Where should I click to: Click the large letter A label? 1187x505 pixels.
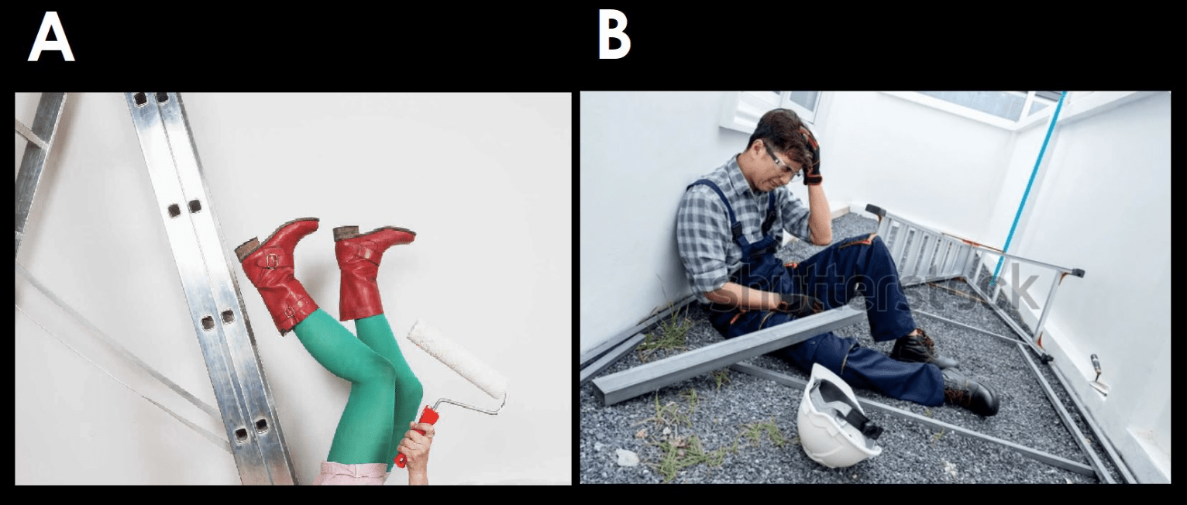pos(51,36)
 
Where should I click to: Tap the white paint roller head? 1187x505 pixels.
pos(456,359)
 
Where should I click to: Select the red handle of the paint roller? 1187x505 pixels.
pos(419,435)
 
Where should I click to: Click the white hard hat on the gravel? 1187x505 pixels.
pos(838,417)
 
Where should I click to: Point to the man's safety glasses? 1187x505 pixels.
pos(778,162)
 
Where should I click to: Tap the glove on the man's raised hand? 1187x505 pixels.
pos(810,158)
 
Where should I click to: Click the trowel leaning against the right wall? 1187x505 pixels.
pos(1099,375)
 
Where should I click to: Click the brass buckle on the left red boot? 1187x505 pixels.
pos(272,261)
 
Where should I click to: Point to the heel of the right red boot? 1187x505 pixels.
pos(346,233)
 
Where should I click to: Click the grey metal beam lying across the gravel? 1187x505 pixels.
pos(726,356)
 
